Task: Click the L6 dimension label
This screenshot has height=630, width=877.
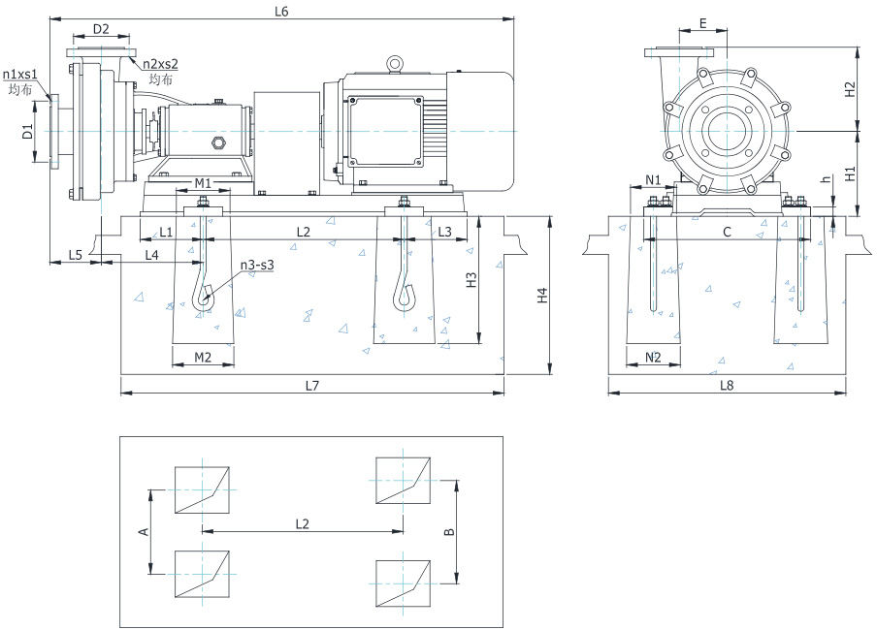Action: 282,12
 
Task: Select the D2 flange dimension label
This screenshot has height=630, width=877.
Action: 100,29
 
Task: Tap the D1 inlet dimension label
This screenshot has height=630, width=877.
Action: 28,131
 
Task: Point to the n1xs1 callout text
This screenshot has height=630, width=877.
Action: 20,74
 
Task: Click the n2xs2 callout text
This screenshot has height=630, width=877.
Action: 161,64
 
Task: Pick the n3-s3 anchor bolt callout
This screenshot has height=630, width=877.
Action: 257,265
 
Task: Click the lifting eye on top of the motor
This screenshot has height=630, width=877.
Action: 395,64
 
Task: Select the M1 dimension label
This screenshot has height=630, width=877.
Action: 203,183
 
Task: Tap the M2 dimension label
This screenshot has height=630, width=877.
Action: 203,358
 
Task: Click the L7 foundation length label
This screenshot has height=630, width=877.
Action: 311,385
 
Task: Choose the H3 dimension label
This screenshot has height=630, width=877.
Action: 471,280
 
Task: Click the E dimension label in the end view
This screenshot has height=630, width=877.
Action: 702,22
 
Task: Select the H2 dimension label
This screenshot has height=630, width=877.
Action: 851,89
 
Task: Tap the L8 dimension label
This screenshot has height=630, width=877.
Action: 728,385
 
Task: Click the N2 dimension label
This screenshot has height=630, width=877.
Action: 653,358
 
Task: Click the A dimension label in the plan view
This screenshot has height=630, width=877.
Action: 144,531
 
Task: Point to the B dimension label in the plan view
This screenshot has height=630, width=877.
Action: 447,532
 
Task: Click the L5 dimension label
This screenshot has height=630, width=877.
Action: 75,254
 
